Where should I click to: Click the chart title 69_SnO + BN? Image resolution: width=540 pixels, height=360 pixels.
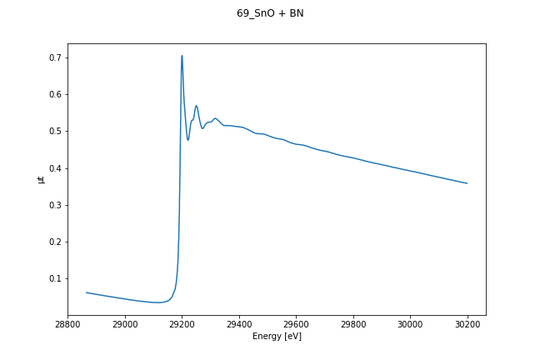pyautogui.click(x=270, y=13)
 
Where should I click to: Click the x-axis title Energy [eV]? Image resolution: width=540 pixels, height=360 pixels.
pyautogui.click(x=277, y=336)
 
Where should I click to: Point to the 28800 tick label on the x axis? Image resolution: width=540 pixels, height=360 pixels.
pyautogui.click(x=68, y=323)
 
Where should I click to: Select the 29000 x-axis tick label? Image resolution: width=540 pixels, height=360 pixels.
pyautogui.click(x=125, y=323)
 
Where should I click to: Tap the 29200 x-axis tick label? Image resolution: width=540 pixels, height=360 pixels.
pyautogui.click(x=182, y=323)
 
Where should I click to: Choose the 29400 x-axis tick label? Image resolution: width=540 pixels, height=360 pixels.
pyautogui.click(x=239, y=323)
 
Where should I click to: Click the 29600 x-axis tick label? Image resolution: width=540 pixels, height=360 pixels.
pyautogui.click(x=296, y=323)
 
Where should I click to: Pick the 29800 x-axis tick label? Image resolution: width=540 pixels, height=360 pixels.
pyautogui.click(x=353, y=323)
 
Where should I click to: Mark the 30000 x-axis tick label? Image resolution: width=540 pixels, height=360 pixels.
pyautogui.click(x=410, y=323)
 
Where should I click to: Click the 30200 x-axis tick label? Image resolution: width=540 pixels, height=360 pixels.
pyautogui.click(x=467, y=323)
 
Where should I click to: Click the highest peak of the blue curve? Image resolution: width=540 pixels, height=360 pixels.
pyautogui.click(x=182, y=56)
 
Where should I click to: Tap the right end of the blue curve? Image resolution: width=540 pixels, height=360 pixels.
pyautogui.click(x=467, y=183)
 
